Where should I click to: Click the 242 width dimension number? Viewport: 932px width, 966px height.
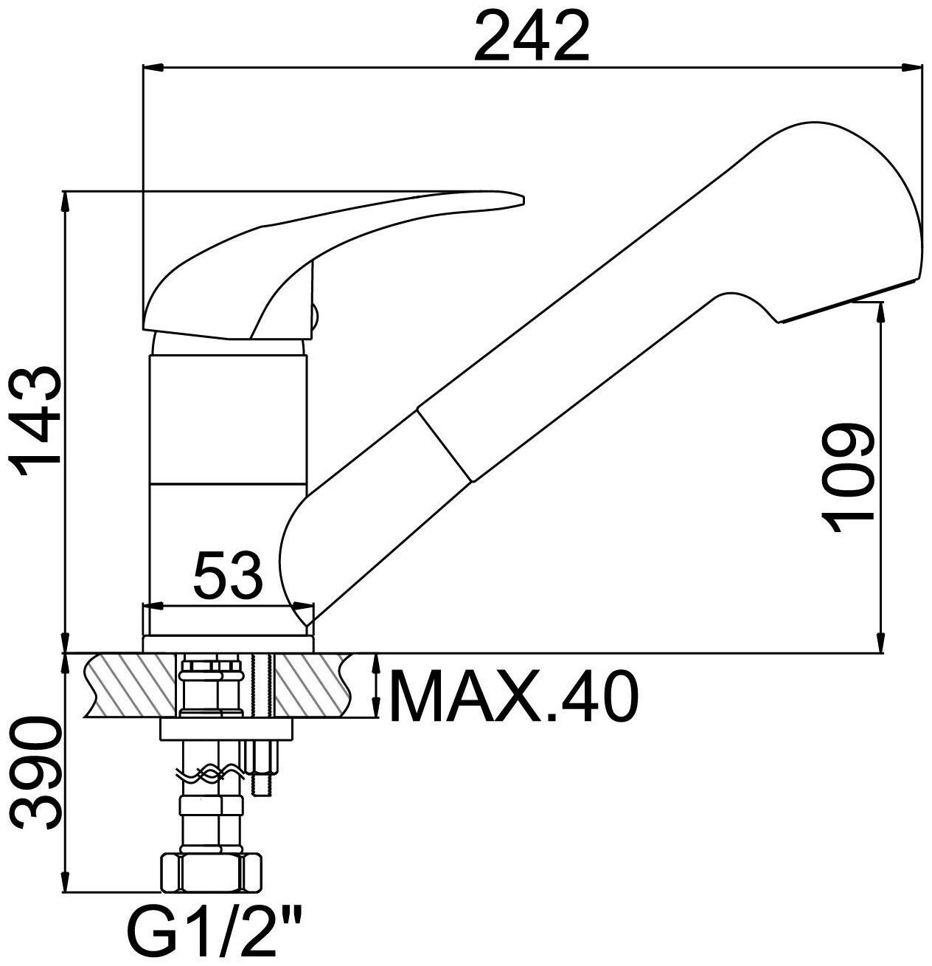coord(531,36)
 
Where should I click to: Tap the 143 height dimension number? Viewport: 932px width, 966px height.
coord(36,421)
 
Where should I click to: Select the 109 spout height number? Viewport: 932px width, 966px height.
coord(847,477)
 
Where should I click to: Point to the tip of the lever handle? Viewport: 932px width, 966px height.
coord(523,199)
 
